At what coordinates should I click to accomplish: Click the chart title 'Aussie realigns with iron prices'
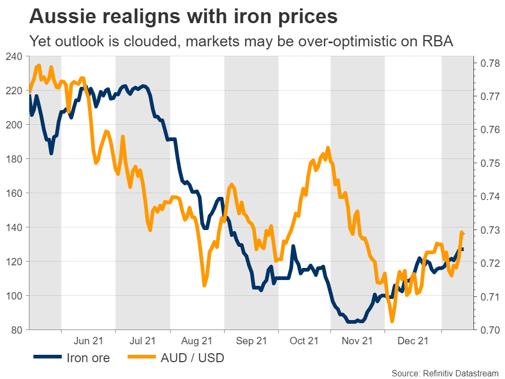(184, 17)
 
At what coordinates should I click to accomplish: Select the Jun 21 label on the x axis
(88, 341)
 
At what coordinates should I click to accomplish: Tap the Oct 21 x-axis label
(305, 341)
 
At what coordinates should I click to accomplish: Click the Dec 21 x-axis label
(413, 341)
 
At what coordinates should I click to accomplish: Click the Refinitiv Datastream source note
(445, 373)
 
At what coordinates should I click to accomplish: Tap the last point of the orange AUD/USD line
(463, 234)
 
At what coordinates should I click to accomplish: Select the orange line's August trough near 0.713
(204, 286)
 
